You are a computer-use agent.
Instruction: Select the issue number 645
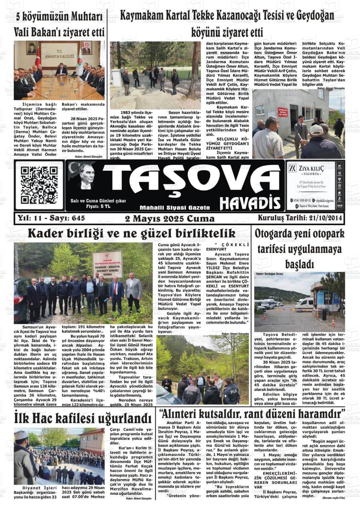(78, 218)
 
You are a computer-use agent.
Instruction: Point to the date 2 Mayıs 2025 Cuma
(170, 219)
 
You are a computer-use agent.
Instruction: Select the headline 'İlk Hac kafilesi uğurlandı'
(83, 418)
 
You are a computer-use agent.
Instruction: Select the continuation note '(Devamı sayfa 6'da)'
(333, 498)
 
